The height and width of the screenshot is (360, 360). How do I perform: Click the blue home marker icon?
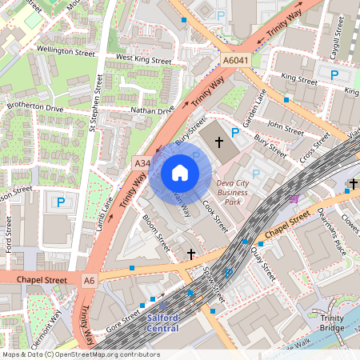pos(180,172)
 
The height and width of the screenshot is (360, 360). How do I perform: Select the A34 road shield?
pos(142,163)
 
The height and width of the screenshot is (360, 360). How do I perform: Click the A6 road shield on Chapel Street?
pos(89,280)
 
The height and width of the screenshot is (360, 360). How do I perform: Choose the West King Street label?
pos(144,59)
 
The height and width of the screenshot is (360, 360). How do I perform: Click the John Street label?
pos(286,126)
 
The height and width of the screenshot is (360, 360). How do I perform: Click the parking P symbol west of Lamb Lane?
pos(59,203)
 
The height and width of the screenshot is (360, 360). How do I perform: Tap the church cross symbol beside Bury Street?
pos(218,142)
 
